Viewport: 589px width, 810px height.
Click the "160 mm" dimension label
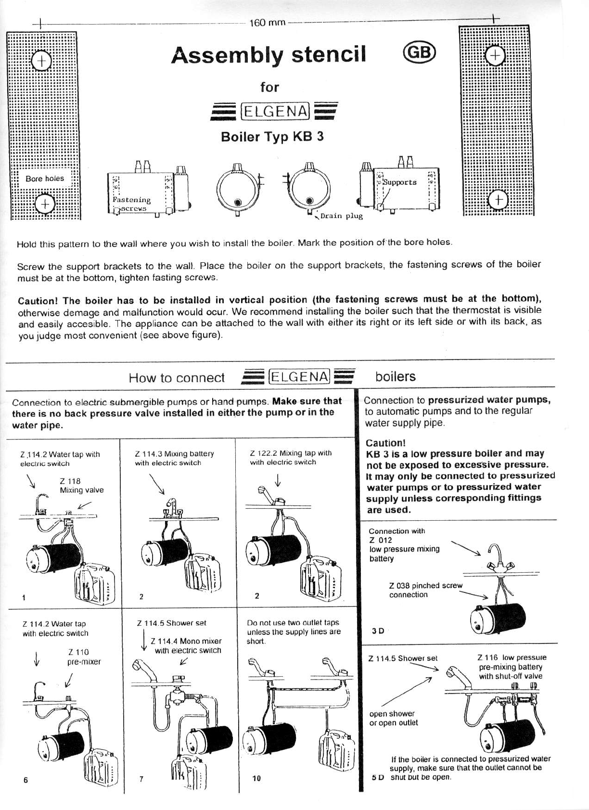268,23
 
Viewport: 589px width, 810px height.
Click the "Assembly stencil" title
269,54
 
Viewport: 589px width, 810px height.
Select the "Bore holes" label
45,179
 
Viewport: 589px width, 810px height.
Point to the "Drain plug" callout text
341,216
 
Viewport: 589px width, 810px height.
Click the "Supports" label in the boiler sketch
399,182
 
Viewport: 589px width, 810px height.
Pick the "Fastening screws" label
131,204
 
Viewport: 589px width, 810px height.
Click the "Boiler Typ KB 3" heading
272,137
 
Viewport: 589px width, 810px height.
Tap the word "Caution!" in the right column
385,443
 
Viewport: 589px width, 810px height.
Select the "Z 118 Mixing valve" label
81,486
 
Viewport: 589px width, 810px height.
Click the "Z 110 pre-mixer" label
84,657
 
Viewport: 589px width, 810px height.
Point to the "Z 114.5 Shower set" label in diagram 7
171,623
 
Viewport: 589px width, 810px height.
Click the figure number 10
256,778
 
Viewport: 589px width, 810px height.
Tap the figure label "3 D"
378,631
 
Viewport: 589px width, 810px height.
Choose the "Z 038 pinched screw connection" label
425,590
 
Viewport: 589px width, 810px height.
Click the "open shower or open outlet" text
393,718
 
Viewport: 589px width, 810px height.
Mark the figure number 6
26,781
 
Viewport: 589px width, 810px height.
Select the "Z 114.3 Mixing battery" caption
174,454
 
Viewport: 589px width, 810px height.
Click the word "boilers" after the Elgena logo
395,376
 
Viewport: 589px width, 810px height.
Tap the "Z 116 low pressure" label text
512,657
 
